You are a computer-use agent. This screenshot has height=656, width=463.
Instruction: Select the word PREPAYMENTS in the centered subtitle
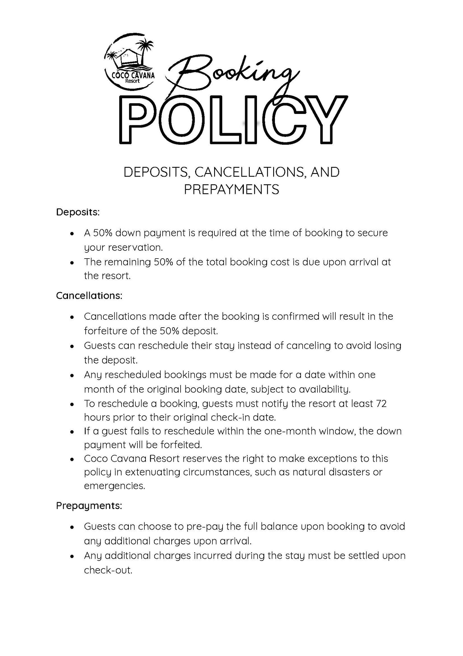pyautogui.click(x=231, y=189)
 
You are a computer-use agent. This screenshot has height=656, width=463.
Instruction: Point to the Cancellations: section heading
pyautogui.click(x=89, y=295)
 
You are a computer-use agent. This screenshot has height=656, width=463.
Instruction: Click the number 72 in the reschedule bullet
pyautogui.click(x=381, y=403)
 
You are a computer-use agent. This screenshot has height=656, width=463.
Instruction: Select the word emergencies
pyautogui.click(x=114, y=486)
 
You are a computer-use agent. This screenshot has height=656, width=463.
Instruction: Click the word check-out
pyautogui.click(x=108, y=570)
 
